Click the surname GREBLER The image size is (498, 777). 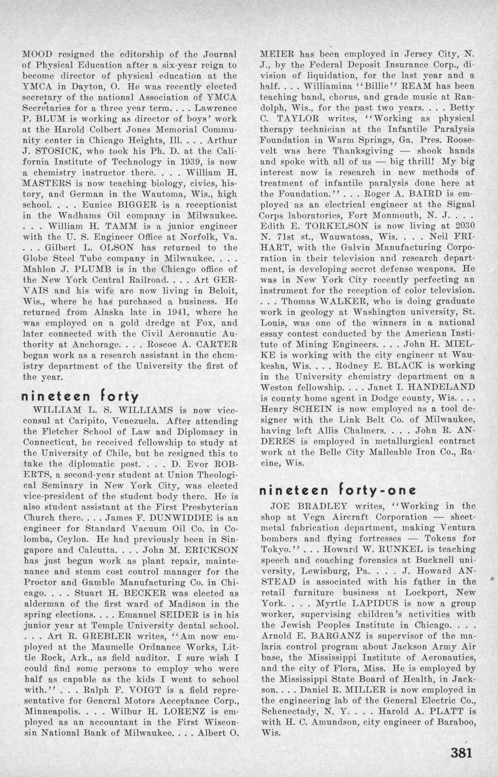102,636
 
